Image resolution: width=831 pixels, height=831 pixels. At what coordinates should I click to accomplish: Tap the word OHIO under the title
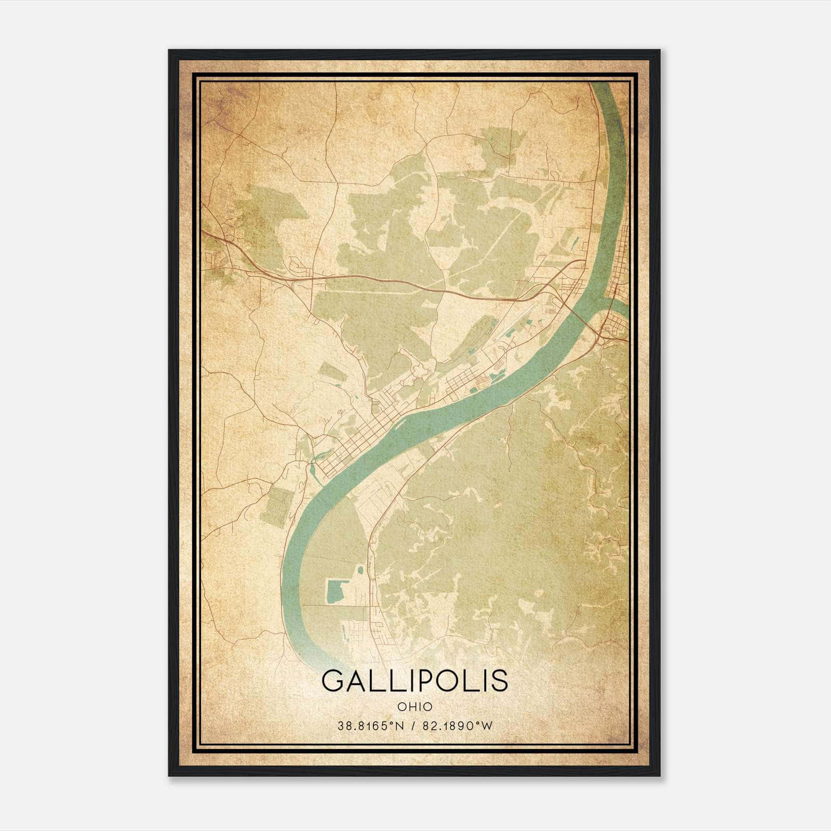click(414, 706)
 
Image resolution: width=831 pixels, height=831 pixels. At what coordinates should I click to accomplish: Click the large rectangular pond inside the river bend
click(336, 592)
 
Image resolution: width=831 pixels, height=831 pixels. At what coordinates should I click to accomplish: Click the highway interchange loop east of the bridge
click(601, 337)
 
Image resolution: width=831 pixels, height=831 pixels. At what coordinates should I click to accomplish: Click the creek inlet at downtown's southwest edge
click(313, 468)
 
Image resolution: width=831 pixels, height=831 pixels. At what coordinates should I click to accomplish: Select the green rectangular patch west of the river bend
click(276, 504)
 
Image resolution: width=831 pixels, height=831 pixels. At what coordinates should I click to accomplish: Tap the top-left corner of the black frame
click(169, 51)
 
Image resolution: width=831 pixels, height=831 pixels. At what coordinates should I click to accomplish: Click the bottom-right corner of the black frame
click(660, 775)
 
